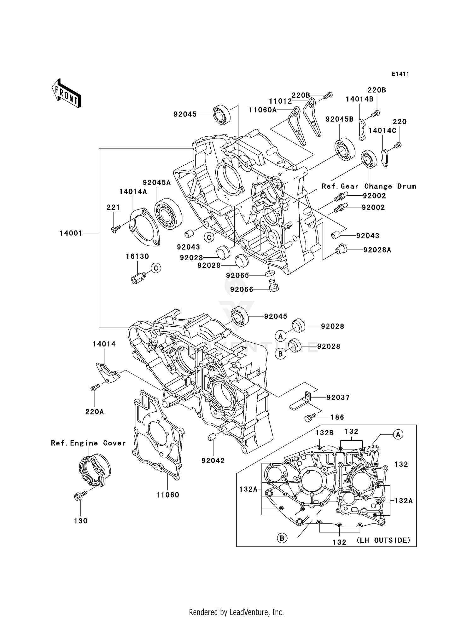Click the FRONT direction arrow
66,93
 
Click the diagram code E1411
400,74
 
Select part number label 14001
71,233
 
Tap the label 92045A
157,183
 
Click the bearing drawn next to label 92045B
344,149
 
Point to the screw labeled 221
116,229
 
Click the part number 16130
137,256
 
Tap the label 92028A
377,250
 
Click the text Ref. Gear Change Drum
369,186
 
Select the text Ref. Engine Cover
88,443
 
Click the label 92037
338,398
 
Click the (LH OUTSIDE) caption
383,540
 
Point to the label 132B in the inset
324,433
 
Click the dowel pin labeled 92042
211,437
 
